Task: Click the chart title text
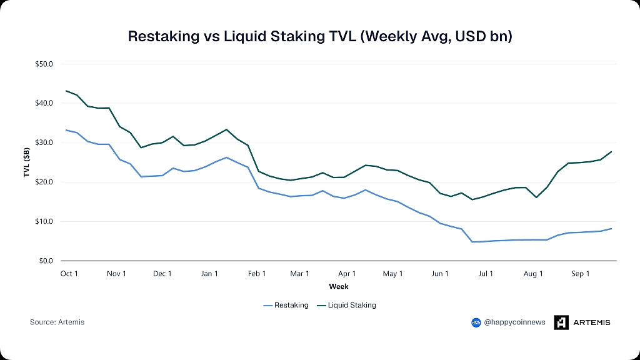320,36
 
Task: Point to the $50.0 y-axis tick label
44,64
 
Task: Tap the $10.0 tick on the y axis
44,222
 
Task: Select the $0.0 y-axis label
46,261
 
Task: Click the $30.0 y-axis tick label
44,142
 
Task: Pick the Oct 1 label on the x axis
69,274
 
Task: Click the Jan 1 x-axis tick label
209,274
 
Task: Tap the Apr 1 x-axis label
347,274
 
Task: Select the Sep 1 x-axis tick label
581,274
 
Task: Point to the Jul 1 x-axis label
486,274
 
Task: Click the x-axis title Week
339,286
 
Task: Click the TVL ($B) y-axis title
26,162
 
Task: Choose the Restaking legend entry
286,305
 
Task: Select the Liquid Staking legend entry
346,305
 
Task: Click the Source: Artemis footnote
57,322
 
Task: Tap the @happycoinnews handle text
514,322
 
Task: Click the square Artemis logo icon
561,322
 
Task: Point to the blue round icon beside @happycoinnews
476,323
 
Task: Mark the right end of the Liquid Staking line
611,152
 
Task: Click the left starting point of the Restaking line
66,130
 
